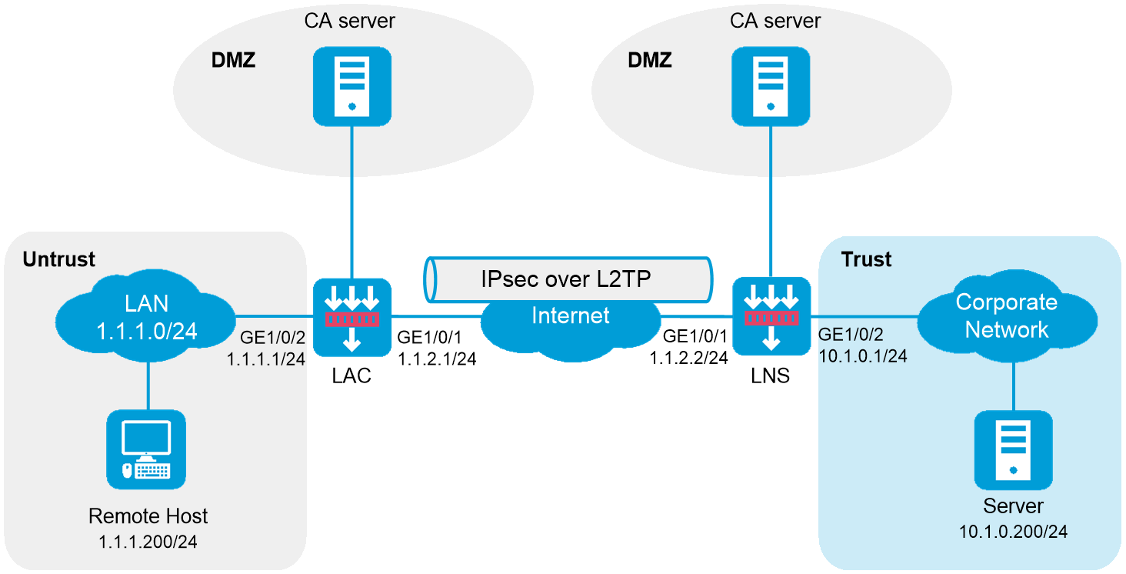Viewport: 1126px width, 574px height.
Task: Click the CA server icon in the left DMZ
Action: (351, 86)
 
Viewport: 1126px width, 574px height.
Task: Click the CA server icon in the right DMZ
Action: (770, 86)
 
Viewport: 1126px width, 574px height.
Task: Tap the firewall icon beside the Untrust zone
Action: (352, 317)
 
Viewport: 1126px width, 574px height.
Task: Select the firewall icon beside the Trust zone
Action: (770, 317)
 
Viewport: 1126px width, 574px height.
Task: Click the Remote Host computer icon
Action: (146, 450)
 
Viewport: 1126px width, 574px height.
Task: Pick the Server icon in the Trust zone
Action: (1013, 450)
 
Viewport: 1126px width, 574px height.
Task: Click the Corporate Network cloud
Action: (1007, 316)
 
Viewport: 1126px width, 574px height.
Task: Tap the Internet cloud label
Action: (571, 315)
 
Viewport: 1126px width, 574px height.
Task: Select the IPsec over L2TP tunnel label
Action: (566, 279)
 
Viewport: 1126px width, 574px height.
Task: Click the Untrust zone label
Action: (59, 259)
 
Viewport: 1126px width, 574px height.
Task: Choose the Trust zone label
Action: (866, 259)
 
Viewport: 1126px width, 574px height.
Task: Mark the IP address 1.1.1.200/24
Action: (148, 542)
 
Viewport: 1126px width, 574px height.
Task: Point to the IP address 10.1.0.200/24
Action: (1013, 532)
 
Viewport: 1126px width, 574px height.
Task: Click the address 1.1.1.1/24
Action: (266, 358)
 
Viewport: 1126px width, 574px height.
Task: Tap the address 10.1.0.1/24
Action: (863, 356)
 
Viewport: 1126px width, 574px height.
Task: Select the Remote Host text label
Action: (148, 516)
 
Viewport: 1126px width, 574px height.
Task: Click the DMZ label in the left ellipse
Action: (233, 60)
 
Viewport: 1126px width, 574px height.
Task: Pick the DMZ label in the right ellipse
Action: (650, 60)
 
